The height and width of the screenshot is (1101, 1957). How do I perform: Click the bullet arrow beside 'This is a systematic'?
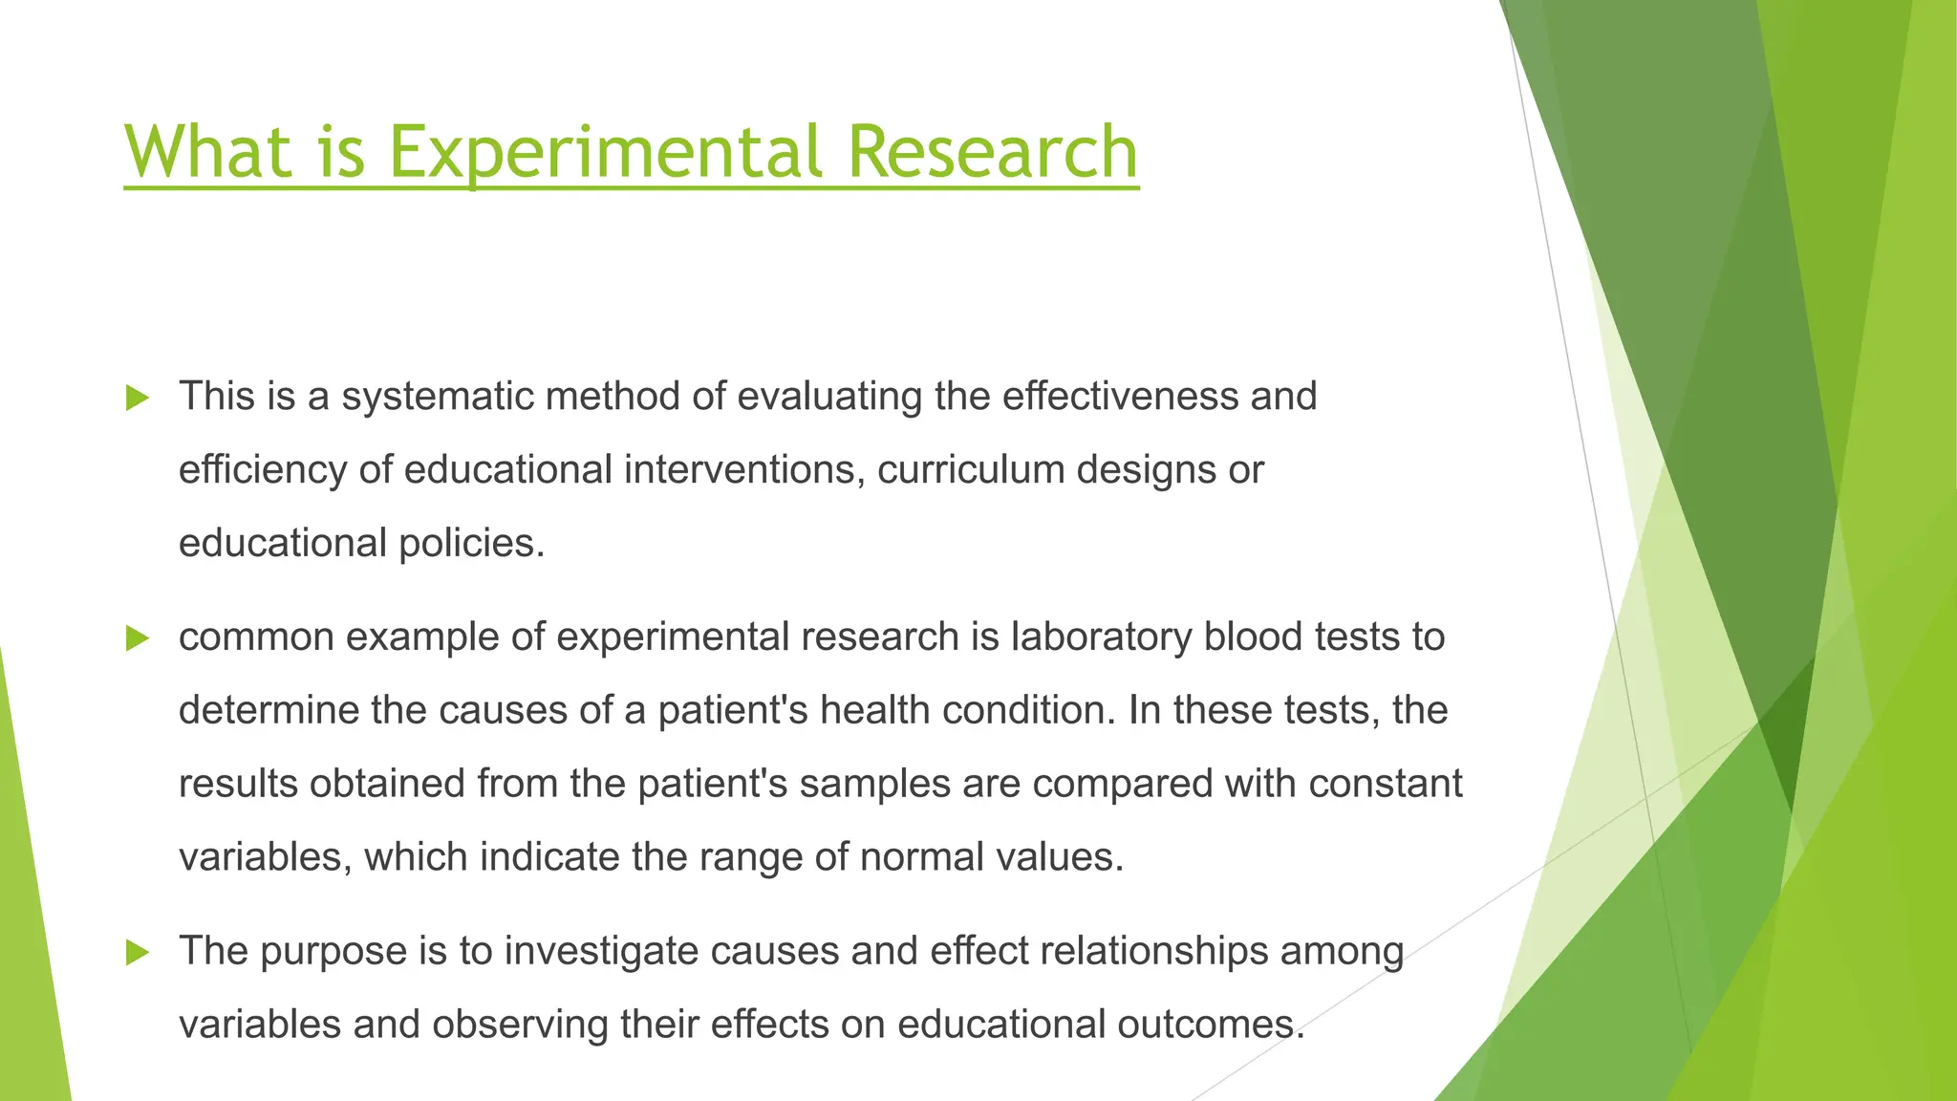point(138,398)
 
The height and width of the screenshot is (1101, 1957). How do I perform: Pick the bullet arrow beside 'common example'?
point(138,638)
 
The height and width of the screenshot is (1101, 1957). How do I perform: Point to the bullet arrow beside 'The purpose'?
point(138,952)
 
